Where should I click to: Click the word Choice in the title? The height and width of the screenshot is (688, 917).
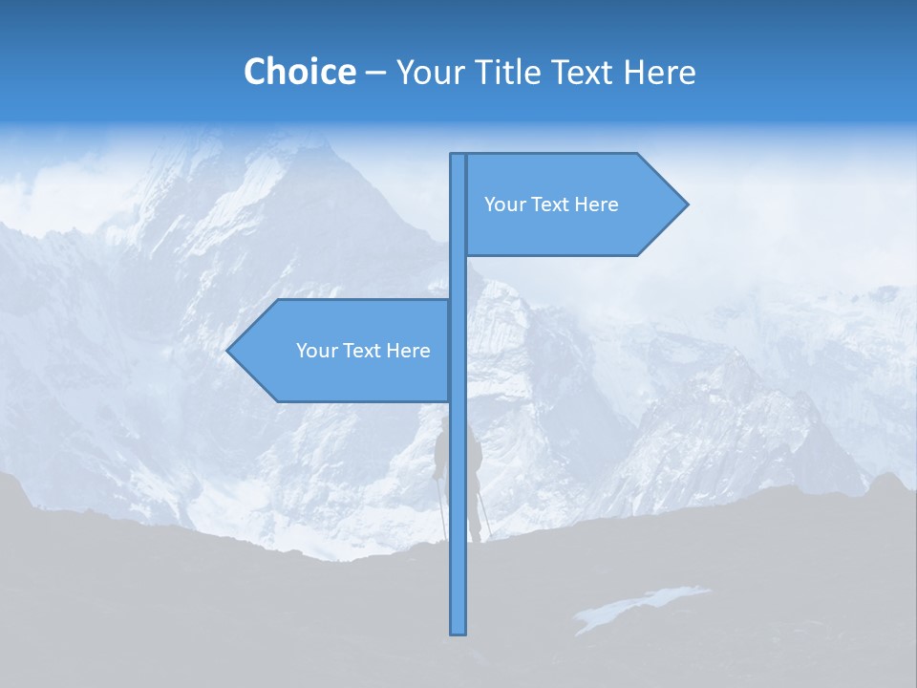click(x=299, y=72)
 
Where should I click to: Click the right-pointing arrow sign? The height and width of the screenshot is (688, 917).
click(x=573, y=204)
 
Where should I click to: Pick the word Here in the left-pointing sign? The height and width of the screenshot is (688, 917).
click(x=408, y=351)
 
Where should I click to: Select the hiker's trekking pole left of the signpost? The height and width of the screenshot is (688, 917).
click(x=441, y=506)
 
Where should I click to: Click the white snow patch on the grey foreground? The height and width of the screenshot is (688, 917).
click(x=640, y=607)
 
